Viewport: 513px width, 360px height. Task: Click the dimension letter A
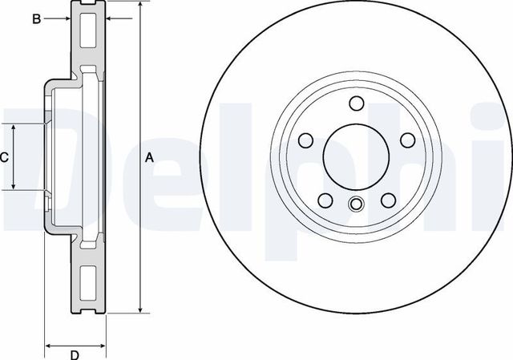click(x=148, y=158)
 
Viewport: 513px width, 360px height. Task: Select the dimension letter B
click(x=36, y=18)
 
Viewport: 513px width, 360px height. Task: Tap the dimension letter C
click(x=4, y=158)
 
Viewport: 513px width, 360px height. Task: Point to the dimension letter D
click(x=74, y=354)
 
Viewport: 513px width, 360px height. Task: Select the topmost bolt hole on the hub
click(x=357, y=103)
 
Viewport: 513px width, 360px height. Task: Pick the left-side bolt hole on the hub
click(x=305, y=140)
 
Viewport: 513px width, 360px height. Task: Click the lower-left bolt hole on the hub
click(x=325, y=200)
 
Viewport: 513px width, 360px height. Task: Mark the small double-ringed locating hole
click(x=357, y=204)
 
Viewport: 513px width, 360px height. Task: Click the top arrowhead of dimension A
click(x=142, y=5)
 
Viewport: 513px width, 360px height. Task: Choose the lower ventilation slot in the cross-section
click(x=87, y=281)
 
